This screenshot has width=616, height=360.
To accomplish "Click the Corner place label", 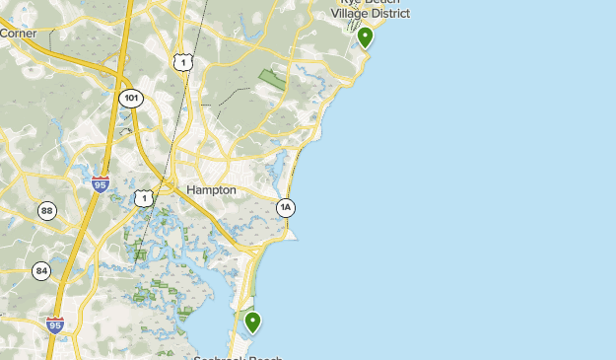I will click(19, 34).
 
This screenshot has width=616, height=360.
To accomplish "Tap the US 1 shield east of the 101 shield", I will click(180, 63).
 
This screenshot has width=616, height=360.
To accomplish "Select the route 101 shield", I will click(131, 99).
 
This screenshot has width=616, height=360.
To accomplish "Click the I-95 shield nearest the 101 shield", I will click(100, 183).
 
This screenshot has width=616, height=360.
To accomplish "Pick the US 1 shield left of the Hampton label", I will click(144, 198).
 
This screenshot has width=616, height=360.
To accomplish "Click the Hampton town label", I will click(211, 189).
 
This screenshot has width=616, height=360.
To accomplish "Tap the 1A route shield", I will click(285, 207).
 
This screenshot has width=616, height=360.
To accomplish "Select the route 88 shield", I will click(47, 210).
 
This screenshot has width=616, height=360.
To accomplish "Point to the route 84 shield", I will click(41, 270).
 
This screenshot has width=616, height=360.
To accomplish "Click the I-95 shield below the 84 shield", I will click(54, 324).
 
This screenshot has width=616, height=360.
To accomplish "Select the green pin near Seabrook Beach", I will click(252, 322).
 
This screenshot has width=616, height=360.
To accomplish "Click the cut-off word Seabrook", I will click(209, 357).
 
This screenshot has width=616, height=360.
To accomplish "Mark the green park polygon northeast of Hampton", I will click(271, 79).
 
